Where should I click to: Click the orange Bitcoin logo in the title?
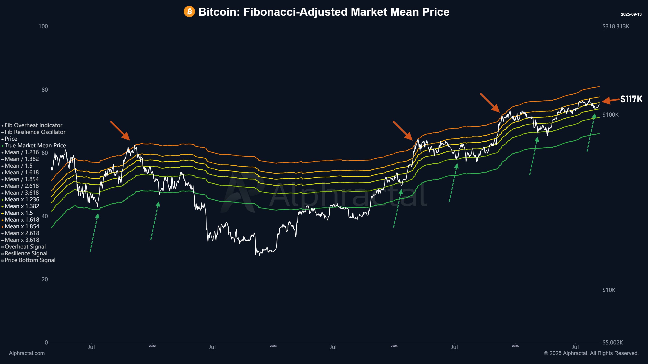189,11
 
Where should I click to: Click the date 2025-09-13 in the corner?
631,14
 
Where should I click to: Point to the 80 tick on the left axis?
45,90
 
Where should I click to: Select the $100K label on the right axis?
610,115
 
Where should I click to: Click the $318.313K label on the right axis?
616,26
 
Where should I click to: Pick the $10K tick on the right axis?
609,290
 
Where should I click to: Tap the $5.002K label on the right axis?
612,342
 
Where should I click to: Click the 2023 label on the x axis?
273,346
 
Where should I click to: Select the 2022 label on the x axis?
152,346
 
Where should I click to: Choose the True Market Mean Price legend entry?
35,145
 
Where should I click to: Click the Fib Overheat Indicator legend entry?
33,125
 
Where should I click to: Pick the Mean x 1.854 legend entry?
22,226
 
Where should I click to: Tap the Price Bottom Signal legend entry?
30,260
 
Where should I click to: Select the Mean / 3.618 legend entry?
22,193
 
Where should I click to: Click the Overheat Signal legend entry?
25,246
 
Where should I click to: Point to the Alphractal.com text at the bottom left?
27,353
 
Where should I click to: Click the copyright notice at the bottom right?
591,353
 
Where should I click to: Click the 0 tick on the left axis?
46,342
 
